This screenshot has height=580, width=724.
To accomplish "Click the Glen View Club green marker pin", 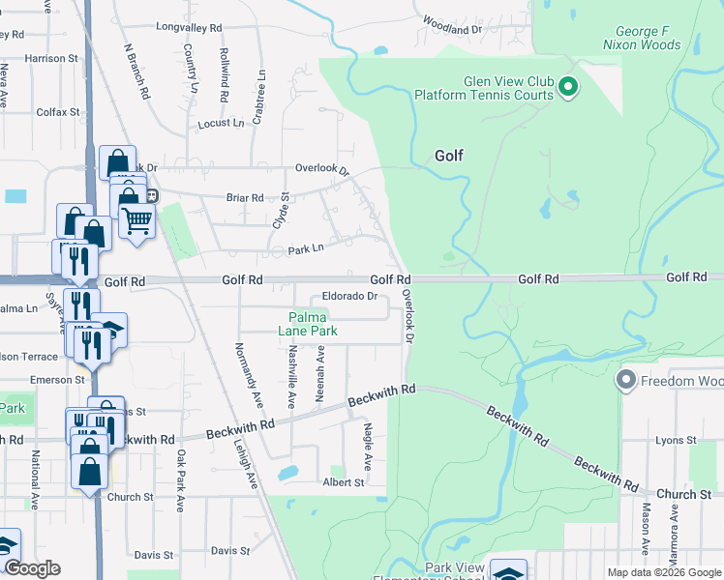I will pyautogui.click(x=568, y=89).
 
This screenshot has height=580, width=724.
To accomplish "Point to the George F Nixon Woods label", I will pyautogui.click(x=642, y=38).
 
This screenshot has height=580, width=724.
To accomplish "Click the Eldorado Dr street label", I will pyautogui.click(x=348, y=296).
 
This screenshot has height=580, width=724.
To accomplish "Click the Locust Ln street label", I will pyautogui.click(x=221, y=124).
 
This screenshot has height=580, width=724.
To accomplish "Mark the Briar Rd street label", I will pyautogui.click(x=244, y=198).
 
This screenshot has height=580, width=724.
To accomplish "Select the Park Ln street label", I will pyautogui.click(x=304, y=250).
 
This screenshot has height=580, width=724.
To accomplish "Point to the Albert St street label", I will pyautogui.click(x=345, y=482).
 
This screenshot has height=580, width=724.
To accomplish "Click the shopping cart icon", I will pyautogui.click(x=136, y=220).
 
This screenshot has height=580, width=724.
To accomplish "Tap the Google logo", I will pyautogui.click(x=32, y=568).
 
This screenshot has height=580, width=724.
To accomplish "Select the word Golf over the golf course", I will pyautogui.click(x=449, y=156).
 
